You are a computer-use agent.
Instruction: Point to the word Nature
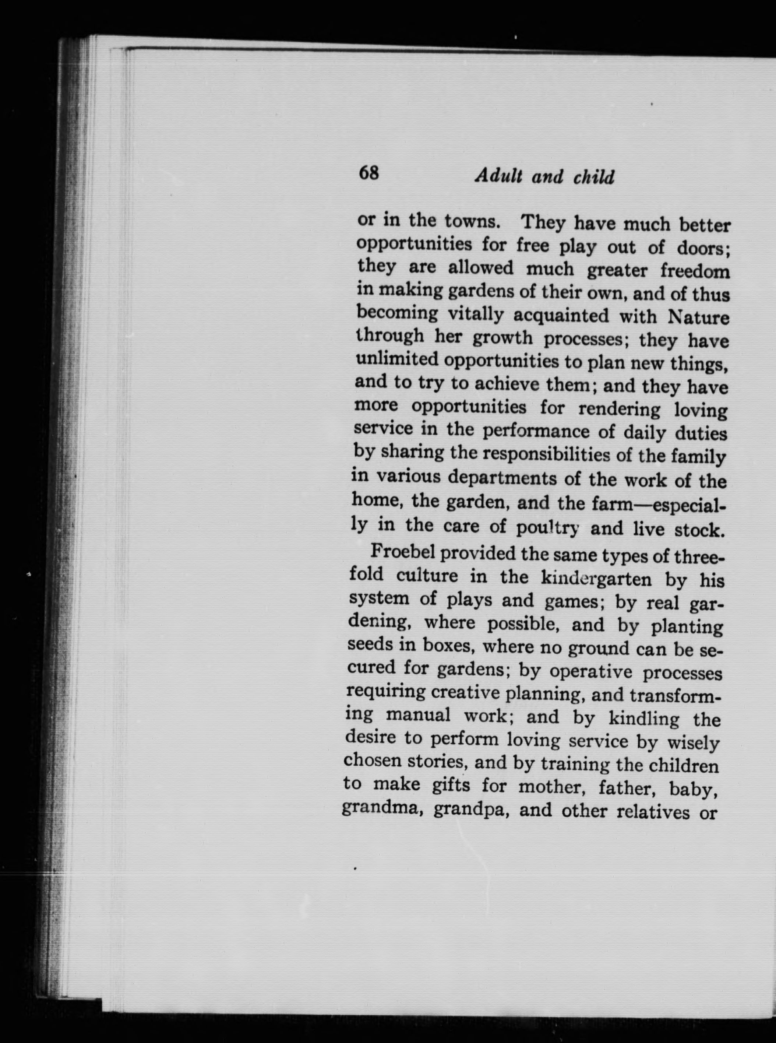pyautogui.click(x=698, y=318)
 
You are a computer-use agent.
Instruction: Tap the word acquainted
pyautogui.click(x=561, y=315)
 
